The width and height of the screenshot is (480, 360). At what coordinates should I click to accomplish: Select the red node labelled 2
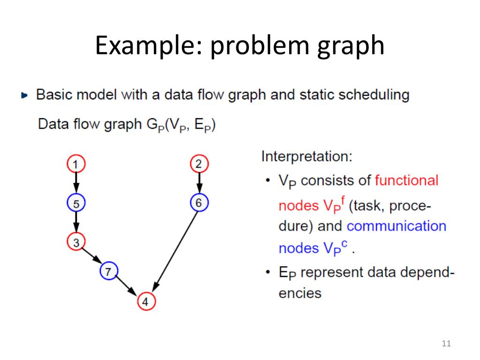pos(199,164)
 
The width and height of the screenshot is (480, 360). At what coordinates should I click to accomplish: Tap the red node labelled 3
pos(75,242)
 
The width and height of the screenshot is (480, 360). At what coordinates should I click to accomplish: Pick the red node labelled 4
pos(145,302)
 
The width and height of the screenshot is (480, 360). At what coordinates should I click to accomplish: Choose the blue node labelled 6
pos(199,203)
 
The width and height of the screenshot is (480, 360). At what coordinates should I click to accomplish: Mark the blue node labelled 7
pos(109,270)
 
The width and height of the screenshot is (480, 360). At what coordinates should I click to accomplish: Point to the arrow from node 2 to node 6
pos(199,183)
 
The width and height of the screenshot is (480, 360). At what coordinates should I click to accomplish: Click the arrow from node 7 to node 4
pos(127,286)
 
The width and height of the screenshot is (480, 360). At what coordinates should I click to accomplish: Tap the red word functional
pos(407,180)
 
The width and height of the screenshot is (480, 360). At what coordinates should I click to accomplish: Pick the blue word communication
pos(397,226)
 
